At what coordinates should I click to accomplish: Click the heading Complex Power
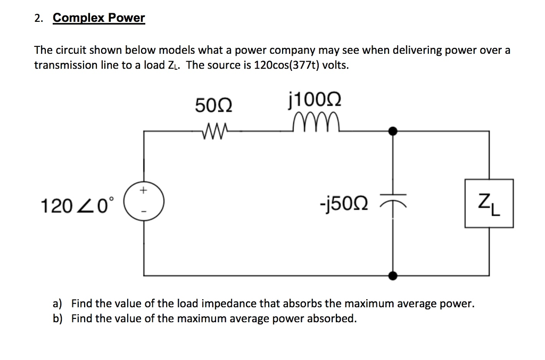click(x=99, y=18)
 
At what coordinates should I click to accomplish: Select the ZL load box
click(x=489, y=204)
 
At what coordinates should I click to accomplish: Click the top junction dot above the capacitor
click(x=393, y=130)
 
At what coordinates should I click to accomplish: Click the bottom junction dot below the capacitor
click(x=393, y=275)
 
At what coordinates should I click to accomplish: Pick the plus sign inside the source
click(x=143, y=191)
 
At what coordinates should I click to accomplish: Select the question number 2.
click(x=37, y=19)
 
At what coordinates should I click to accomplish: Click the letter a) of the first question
click(x=57, y=304)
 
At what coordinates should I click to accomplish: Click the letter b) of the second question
click(x=57, y=319)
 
